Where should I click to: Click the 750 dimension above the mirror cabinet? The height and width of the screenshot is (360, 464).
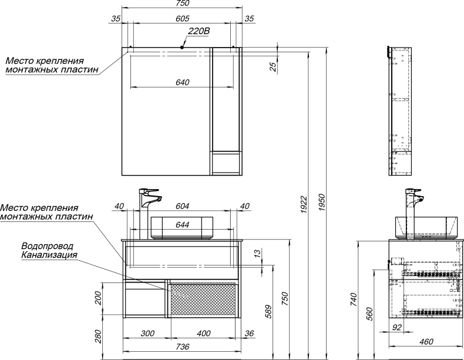click(182, 4)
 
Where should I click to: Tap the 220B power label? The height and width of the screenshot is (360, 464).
click(199, 32)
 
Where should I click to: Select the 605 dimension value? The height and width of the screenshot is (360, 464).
click(182, 19)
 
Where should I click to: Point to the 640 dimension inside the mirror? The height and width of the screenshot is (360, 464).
click(182, 82)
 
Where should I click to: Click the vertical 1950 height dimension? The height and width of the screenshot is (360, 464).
click(322, 203)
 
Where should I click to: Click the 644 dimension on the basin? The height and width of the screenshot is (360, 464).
click(182, 225)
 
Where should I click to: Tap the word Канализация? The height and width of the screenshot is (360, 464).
click(49, 255)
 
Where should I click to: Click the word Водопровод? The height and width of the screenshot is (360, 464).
click(49, 246)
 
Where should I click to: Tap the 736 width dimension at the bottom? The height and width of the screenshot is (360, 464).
click(182, 347)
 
